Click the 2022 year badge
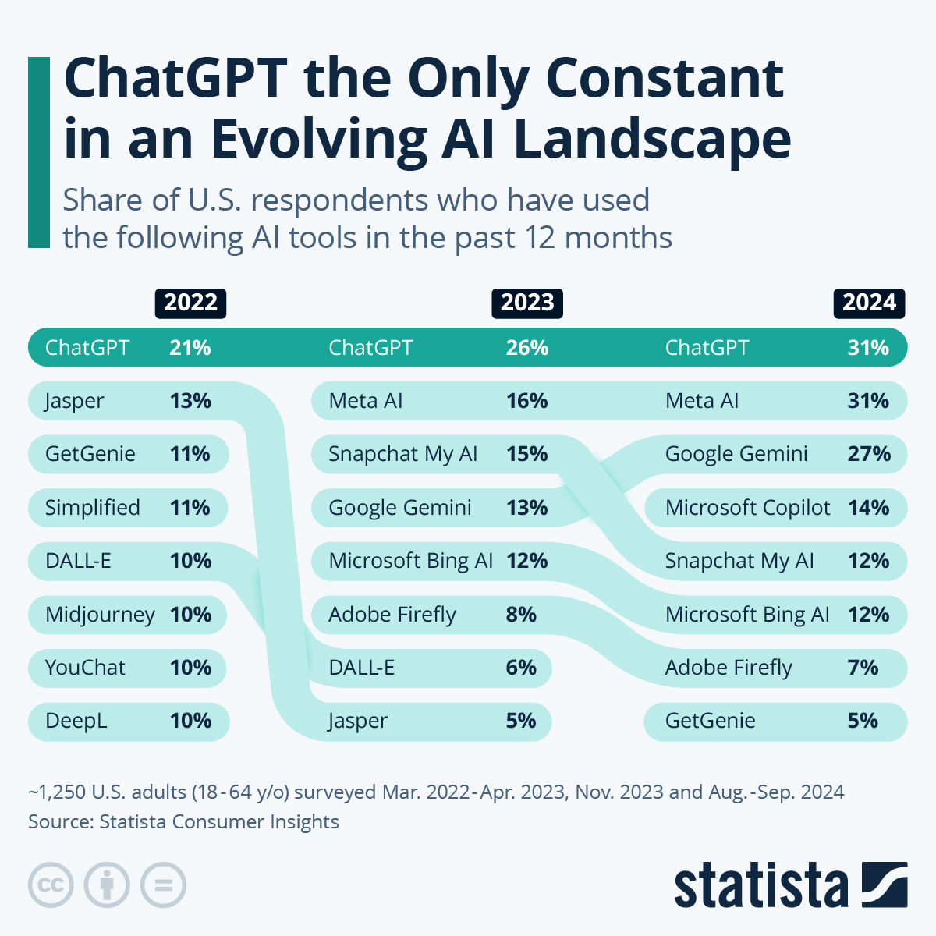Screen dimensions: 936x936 190,303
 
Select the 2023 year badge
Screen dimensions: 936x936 527,303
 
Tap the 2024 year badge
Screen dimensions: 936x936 869,303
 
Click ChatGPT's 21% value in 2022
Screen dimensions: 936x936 190,348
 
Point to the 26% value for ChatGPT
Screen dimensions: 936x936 527,348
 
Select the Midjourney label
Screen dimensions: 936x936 100,615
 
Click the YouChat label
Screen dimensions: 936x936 85,668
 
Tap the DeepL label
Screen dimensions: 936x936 76,721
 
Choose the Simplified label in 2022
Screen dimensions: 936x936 93,508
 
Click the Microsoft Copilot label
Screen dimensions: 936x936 747,508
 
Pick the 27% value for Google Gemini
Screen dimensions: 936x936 869,454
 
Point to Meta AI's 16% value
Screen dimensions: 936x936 527,401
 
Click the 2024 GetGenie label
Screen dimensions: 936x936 710,721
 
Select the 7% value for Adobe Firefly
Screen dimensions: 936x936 863,668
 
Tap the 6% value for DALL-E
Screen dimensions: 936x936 521,668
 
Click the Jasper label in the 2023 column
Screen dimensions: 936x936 358,721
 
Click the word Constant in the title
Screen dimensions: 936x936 664,79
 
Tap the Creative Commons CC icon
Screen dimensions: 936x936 51,885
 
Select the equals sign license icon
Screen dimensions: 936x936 163,885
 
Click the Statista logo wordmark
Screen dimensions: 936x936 760,885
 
